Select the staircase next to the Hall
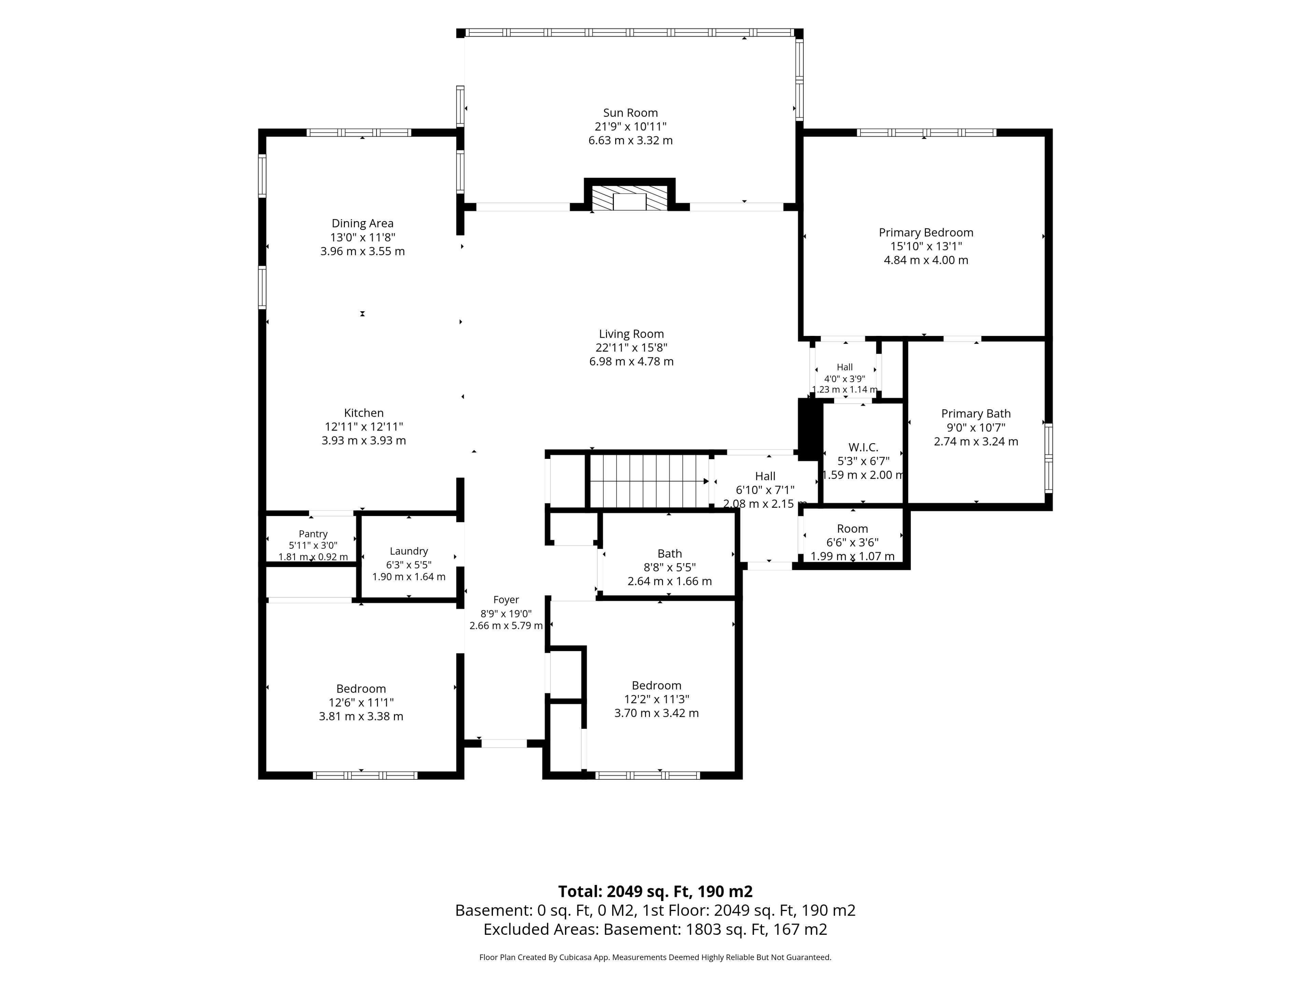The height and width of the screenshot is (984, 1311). pos(650,481)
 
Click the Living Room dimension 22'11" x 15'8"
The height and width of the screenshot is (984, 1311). pos(631,347)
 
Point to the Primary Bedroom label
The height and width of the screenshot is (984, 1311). pos(926,233)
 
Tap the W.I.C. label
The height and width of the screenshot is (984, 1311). pos(863,447)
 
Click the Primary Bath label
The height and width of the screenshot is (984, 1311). pos(975,413)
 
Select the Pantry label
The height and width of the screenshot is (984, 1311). pos(313,534)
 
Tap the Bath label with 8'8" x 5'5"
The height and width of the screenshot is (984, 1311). pos(670,553)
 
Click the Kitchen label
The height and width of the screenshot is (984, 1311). pos(364,413)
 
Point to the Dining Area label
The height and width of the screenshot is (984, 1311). pos(362,223)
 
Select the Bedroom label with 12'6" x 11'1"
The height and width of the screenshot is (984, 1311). pos(361,688)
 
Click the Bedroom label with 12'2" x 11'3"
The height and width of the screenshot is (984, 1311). pos(656,685)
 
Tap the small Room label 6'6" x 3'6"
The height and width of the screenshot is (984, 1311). pos(852,529)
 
